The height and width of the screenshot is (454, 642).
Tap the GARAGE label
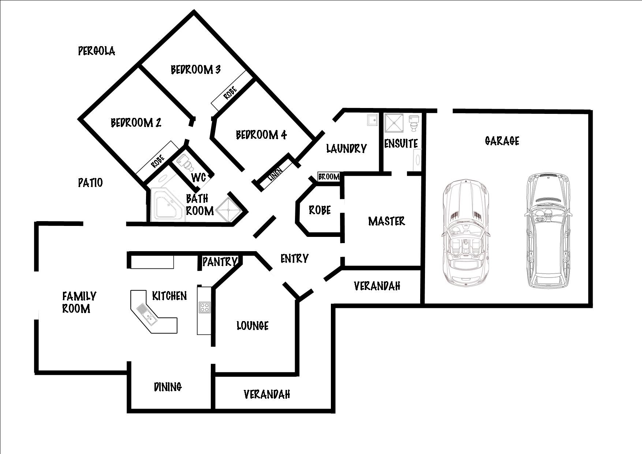click(502, 141)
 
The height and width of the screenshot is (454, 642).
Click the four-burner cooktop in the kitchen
click(204, 307)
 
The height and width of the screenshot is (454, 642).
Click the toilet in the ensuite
click(414, 123)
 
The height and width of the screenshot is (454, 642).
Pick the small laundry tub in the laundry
click(373, 120)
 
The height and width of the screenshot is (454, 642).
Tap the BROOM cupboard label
click(329, 177)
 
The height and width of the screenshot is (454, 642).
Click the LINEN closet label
click(275, 174)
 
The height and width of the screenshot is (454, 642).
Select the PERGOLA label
click(97, 51)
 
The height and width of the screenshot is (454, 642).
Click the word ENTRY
click(294, 258)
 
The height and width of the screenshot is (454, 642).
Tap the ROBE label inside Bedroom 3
click(230, 93)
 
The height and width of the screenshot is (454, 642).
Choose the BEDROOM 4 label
click(261, 135)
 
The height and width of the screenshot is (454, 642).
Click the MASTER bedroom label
click(387, 221)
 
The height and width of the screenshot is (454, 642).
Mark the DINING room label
click(168, 387)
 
